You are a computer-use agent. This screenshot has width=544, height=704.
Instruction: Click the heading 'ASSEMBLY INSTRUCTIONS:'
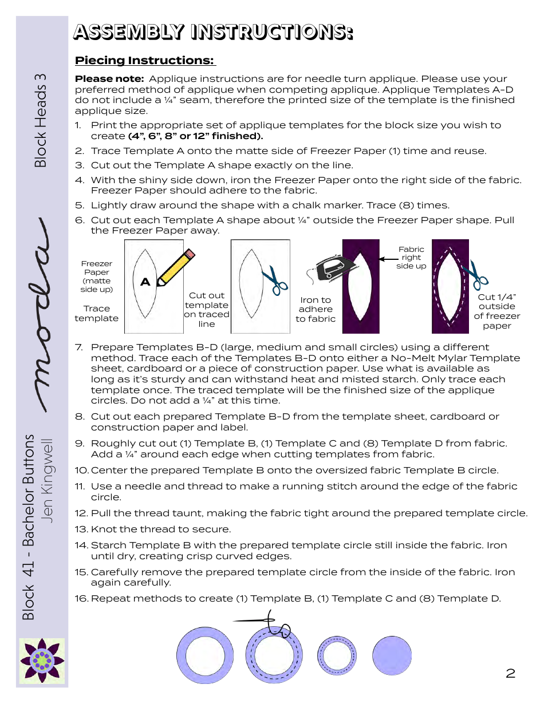tap(212, 32)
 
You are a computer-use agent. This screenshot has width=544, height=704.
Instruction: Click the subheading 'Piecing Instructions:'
tap(145, 60)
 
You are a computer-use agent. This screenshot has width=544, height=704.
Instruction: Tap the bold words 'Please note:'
tap(109, 78)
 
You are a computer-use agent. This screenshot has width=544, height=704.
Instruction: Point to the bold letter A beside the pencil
tap(145, 282)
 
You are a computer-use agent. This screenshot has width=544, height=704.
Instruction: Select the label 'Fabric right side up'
tap(411, 258)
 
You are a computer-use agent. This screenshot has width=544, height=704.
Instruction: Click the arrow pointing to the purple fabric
tap(389, 259)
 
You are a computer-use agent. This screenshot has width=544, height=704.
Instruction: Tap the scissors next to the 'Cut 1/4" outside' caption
tap(475, 274)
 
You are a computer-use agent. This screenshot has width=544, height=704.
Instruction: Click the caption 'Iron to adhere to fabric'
tap(316, 309)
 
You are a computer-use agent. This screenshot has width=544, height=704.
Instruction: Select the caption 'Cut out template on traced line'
tap(206, 310)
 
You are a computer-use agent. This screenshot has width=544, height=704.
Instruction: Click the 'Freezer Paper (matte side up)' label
tap(96, 276)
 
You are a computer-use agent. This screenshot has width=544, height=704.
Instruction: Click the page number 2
tap(510, 673)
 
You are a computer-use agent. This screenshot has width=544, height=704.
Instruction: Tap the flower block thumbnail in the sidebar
tap(42, 661)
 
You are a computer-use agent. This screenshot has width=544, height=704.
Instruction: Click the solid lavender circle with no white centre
tap(392, 655)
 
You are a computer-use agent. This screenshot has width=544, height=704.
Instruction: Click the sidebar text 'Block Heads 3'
tap(40, 120)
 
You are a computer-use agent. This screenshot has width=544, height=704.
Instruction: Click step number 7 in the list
tap(80, 347)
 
